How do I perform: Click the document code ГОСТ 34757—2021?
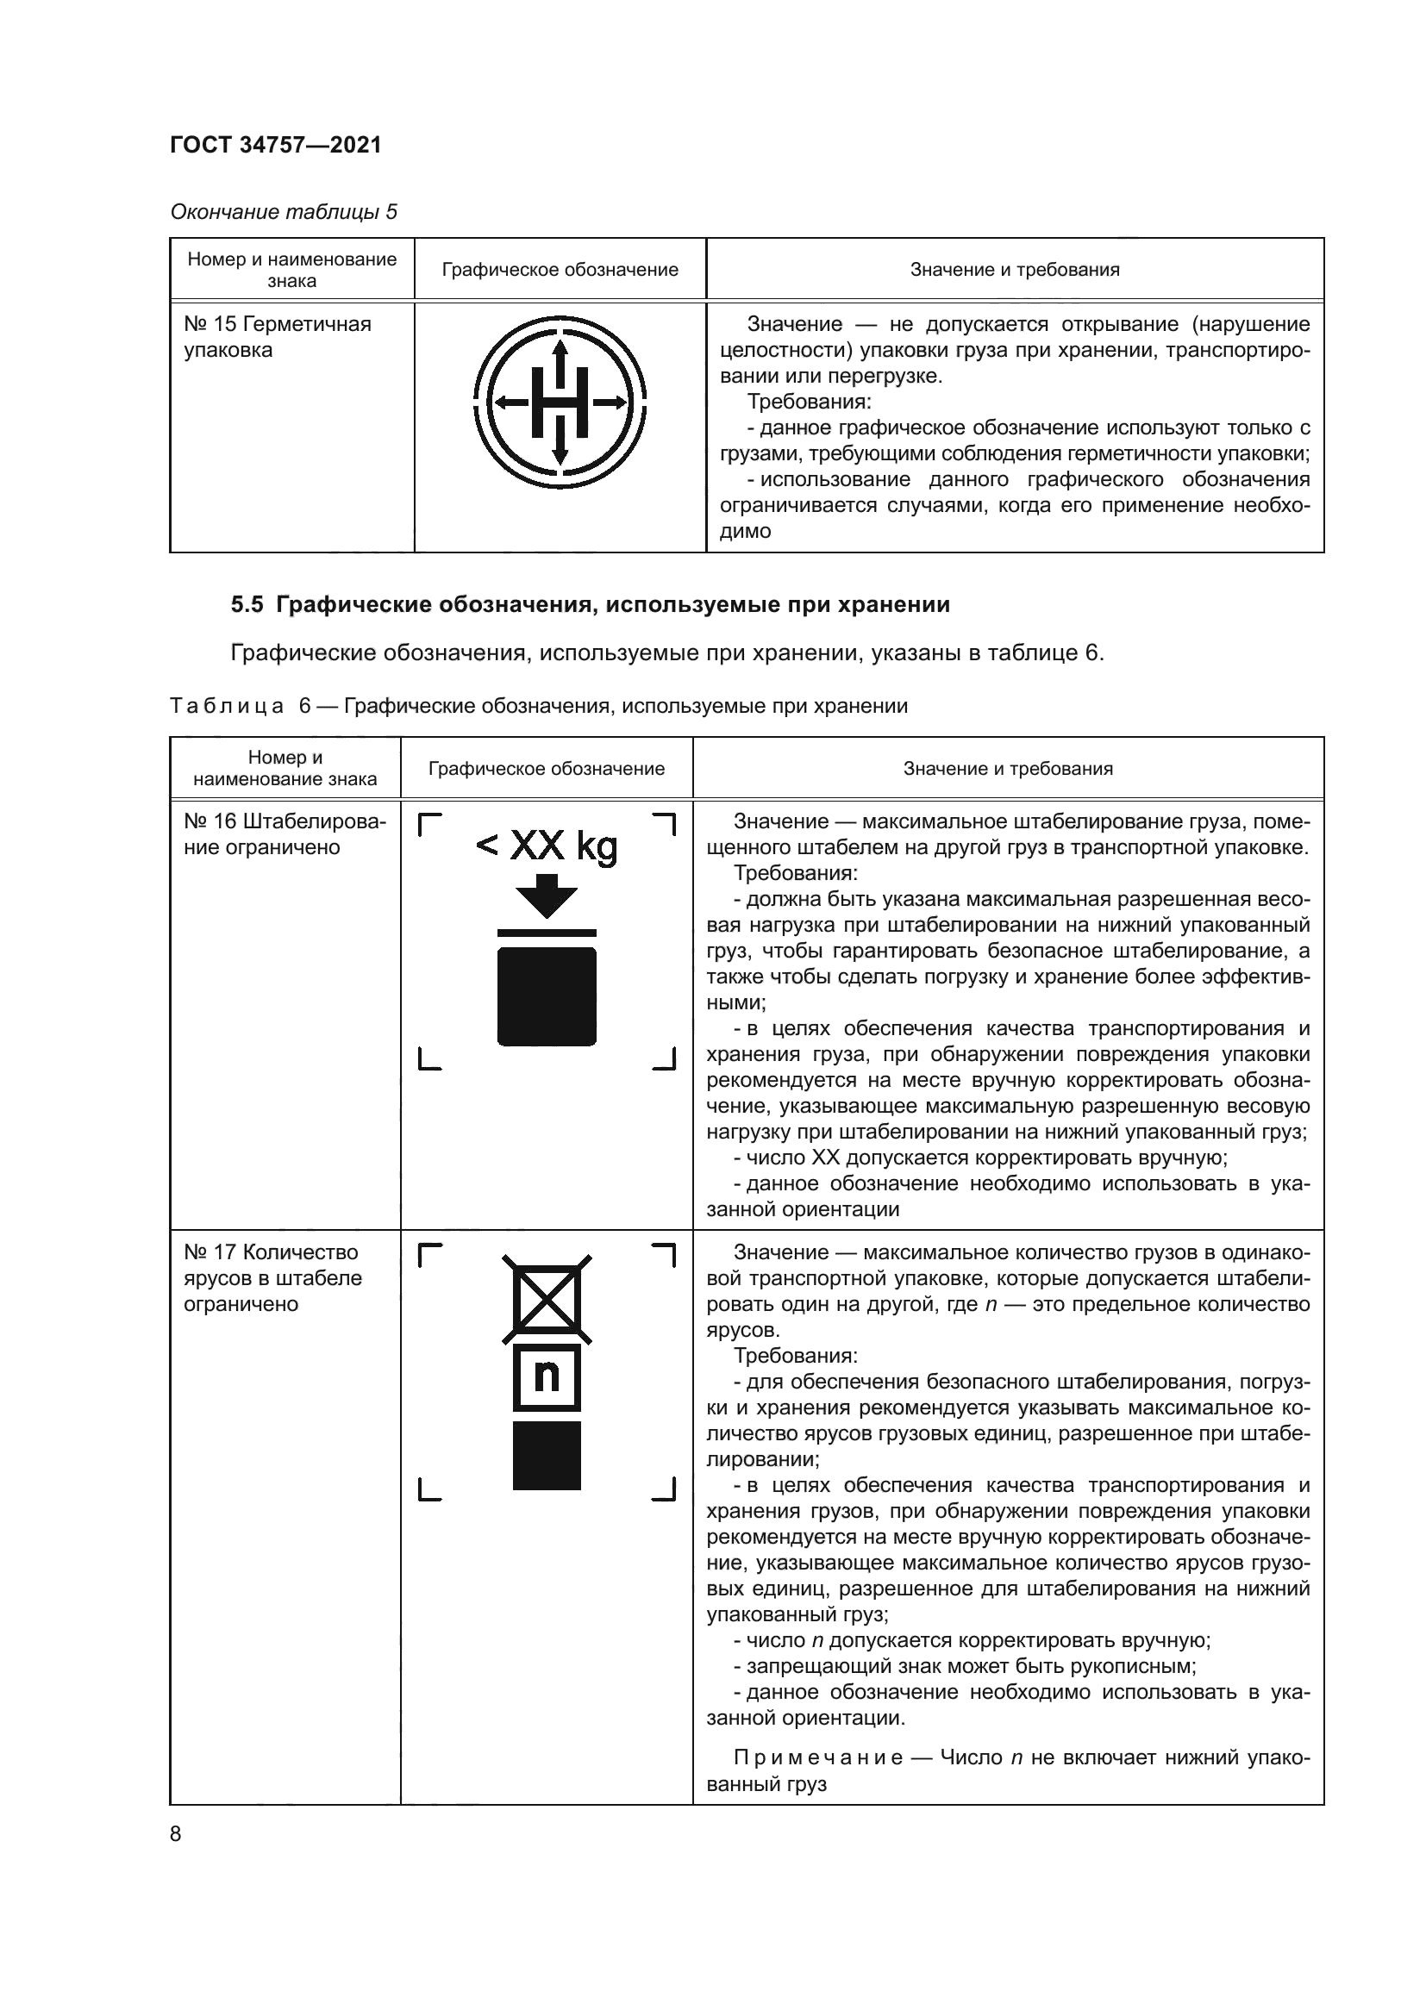pos(276,145)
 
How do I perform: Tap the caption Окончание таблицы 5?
pos(283,212)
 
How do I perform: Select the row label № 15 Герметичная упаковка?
pos(278,337)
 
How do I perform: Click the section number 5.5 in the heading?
pos(247,604)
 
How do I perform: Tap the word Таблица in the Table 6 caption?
pos(227,706)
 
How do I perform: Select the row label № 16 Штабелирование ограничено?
pos(285,834)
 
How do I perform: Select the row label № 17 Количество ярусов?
pos(272,1277)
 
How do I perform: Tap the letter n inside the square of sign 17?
pos(546,1376)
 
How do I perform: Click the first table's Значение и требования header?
pos(1014,270)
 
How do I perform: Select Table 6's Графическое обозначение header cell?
pos(546,769)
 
